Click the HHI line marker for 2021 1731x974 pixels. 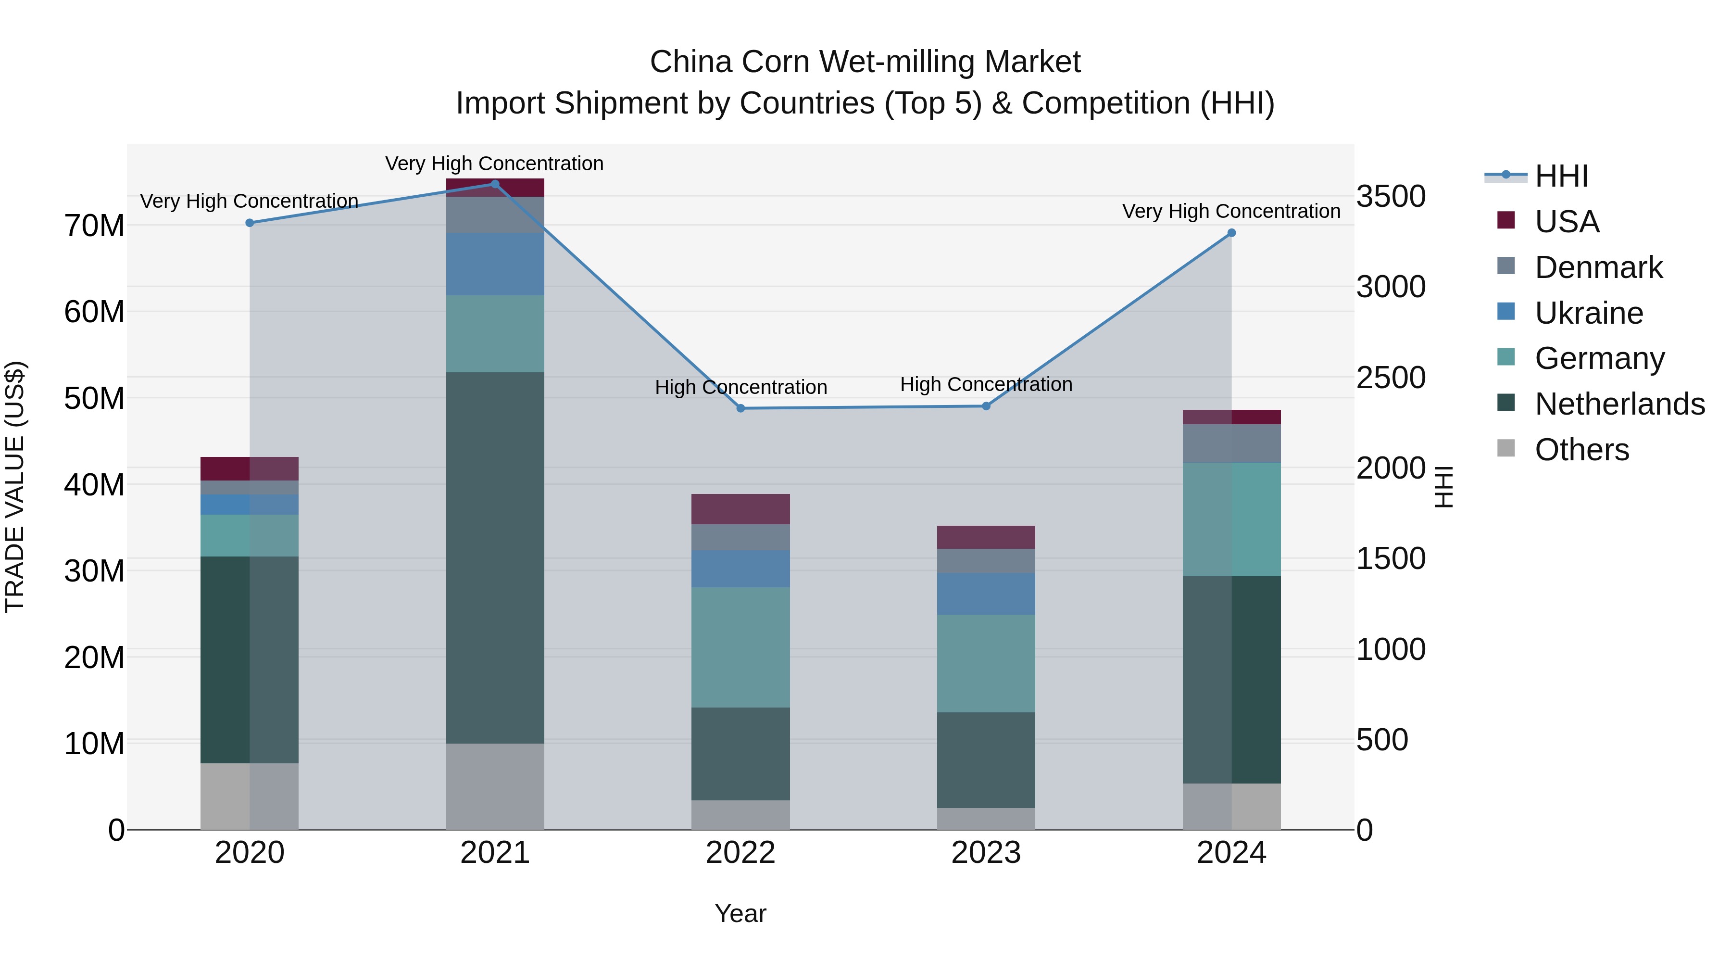[x=495, y=184]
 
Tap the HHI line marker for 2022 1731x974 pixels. [x=740, y=408]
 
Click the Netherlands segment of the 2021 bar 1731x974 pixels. [x=495, y=558]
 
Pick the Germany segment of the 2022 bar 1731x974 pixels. [x=740, y=647]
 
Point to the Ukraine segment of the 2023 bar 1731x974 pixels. [x=986, y=594]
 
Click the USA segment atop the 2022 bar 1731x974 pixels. [x=740, y=509]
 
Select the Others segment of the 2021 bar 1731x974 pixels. [x=495, y=786]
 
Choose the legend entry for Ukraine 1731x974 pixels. [x=1589, y=313]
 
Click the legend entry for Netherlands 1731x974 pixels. [x=1619, y=404]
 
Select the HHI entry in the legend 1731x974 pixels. [x=1561, y=176]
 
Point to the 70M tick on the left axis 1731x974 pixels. [x=94, y=226]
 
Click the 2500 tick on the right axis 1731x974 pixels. [x=1390, y=378]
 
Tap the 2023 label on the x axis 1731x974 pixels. [x=986, y=853]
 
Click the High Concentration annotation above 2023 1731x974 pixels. [x=986, y=384]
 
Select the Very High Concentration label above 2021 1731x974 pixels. [x=495, y=164]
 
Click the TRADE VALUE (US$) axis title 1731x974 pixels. [x=15, y=487]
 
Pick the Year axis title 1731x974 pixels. [x=740, y=913]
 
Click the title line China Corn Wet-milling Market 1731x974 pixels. [x=865, y=62]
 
